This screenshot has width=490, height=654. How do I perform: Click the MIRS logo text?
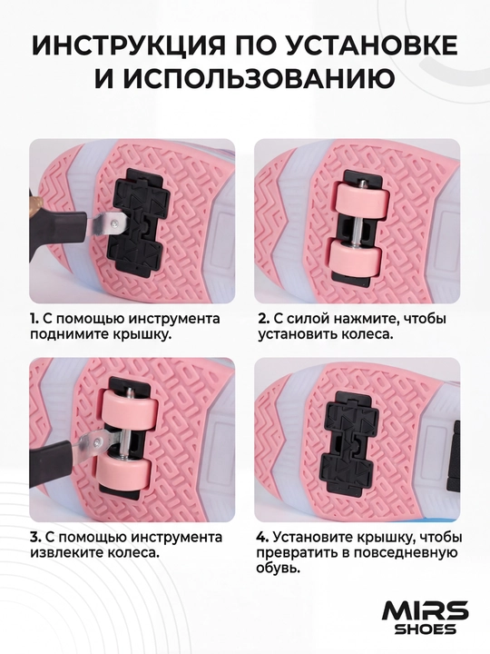point(425,612)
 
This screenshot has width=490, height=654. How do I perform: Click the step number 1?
point(34,319)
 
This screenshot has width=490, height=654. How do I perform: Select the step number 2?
point(264,319)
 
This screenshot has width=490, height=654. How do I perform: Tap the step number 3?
point(35,537)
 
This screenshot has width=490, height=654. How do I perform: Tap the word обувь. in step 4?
point(279,569)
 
